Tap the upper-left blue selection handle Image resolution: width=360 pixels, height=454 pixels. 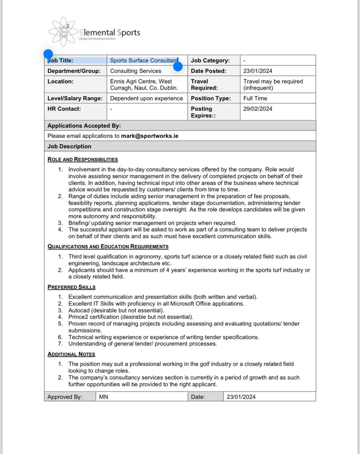pyautogui.click(x=48, y=54)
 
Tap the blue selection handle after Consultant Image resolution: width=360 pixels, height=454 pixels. pyautogui.click(x=178, y=67)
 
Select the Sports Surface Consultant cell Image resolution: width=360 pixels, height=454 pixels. pyautogui.click(x=144, y=61)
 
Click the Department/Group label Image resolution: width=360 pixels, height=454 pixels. pyautogui.click(x=74, y=71)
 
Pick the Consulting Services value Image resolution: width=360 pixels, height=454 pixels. pyautogui.click(x=135, y=71)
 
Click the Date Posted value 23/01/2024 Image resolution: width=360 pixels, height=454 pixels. pyautogui.click(x=258, y=71)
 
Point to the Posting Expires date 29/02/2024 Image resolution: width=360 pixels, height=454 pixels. pyautogui.click(x=258, y=109)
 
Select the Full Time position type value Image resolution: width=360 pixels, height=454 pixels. pyautogui.click(x=255, y=98)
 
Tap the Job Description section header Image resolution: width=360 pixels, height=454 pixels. pyautogui.click(x=69, y=146)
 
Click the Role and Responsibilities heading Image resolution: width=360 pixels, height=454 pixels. pyautogui.click(x=82, y=159)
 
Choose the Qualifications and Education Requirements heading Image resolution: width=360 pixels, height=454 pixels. pyautogui.click(x=108, y=247)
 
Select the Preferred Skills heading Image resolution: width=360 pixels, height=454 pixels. pyautogui.click(x=71, y=287)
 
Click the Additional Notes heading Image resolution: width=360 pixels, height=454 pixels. pyautogui.click(x=71, y=354)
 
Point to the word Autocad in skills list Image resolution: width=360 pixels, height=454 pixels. pyautogui.click(x=79, y=310)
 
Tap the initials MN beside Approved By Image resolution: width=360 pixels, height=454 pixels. pyautogui.click(x=103, y=397)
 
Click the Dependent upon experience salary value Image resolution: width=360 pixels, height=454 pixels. pyautogui.click(x=146, y=98)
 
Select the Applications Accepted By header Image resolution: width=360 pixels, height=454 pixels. pyautogui.click(x=84, y=126)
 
